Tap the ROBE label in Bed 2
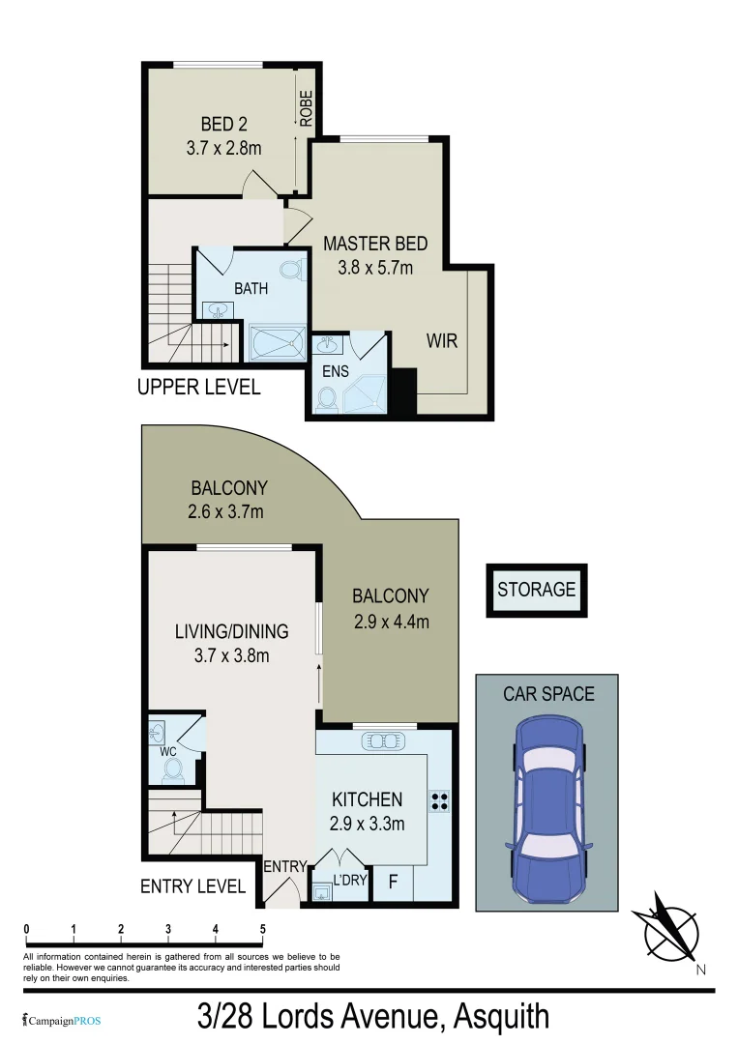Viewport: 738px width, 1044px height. click(306, 109)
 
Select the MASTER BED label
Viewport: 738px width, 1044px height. click(375, 244)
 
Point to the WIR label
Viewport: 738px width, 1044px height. click(440, 341)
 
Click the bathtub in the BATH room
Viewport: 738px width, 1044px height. click(276, 341)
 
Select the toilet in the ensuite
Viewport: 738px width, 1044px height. click(327, 399)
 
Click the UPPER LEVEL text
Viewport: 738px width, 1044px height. click(198, 388)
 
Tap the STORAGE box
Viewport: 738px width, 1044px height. click(536, 590)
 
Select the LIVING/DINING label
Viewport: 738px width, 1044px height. click(231, 632)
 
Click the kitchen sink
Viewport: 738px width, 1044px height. click(386, 741)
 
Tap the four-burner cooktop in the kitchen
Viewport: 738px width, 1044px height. click(440, 801)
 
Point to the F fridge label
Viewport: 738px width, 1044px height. click(393, 882)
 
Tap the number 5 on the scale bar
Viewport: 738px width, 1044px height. click(262, 929)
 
